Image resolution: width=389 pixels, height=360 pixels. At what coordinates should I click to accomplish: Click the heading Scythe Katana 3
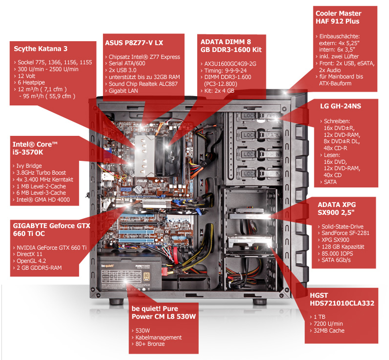(x=40, y=49)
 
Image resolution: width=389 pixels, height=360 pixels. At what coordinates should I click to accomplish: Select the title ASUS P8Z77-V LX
(x=134, y=43)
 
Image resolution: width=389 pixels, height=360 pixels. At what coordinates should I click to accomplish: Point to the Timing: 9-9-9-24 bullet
(x=224, y=71)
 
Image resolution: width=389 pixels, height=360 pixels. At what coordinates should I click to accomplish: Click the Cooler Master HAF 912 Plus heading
(x=338, y=17)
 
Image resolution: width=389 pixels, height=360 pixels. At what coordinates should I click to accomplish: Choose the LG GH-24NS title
(x=340, y=106)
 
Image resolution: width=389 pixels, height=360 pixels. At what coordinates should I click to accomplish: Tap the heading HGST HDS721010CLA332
(x=342, y=299)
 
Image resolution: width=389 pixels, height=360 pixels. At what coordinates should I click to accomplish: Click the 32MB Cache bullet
(x=327, y=331)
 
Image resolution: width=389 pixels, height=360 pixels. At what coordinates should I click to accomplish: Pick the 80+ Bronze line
(x=148, y=344)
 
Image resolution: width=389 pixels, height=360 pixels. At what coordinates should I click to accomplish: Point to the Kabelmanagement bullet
(x=156, y=337)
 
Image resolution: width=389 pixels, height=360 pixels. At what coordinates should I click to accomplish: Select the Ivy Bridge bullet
(x=27, y=166)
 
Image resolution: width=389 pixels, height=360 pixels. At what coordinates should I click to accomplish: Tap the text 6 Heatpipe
(x=29, y=82)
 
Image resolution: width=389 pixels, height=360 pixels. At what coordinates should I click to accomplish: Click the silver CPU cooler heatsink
(x=144, y=156)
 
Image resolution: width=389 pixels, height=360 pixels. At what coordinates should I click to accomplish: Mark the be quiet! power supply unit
(x=130, y=275)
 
